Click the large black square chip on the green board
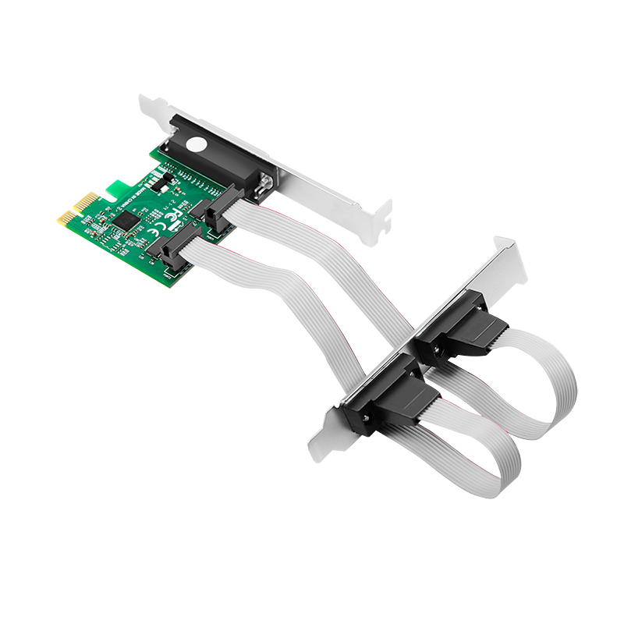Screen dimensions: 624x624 [126, 221]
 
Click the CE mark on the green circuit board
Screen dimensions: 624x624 [157, 229]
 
